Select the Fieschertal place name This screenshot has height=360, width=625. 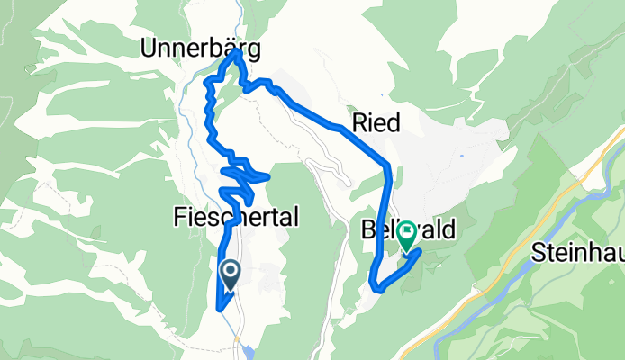pos(234,216)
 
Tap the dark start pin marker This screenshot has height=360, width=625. pos(230,274)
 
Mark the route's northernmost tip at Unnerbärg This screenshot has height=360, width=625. pos(237,51)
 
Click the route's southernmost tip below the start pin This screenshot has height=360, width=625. pos(220,310)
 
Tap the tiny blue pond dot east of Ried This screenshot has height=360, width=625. pos(461,156)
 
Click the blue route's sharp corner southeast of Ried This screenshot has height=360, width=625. pos(387,166)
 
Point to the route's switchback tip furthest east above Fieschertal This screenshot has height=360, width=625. pos(268,177)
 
